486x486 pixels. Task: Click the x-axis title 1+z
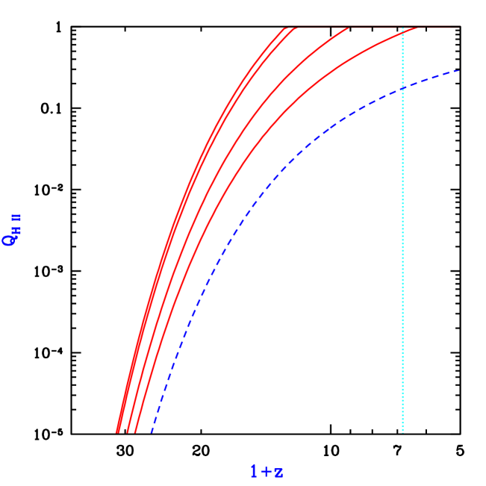click(267, 471)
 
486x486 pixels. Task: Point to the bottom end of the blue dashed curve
click(152, 432)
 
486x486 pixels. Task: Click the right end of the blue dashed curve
click(458, 71)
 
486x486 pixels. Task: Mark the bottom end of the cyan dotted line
click(402, 432)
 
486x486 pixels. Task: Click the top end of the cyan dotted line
click(402, 28)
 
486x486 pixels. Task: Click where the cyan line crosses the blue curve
click(402, 88)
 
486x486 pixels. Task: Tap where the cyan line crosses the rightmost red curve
click(402, 31)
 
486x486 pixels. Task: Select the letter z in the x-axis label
click(278, 472)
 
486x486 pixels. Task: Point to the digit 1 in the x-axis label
click(254, 471)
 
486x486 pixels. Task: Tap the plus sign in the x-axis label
click(265, 471)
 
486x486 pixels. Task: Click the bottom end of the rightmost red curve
click(134, 432)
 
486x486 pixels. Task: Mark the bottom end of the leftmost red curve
click(117, 432)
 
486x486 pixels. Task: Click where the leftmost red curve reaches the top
click(284, 28)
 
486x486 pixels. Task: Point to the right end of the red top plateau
click(458, 28)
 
